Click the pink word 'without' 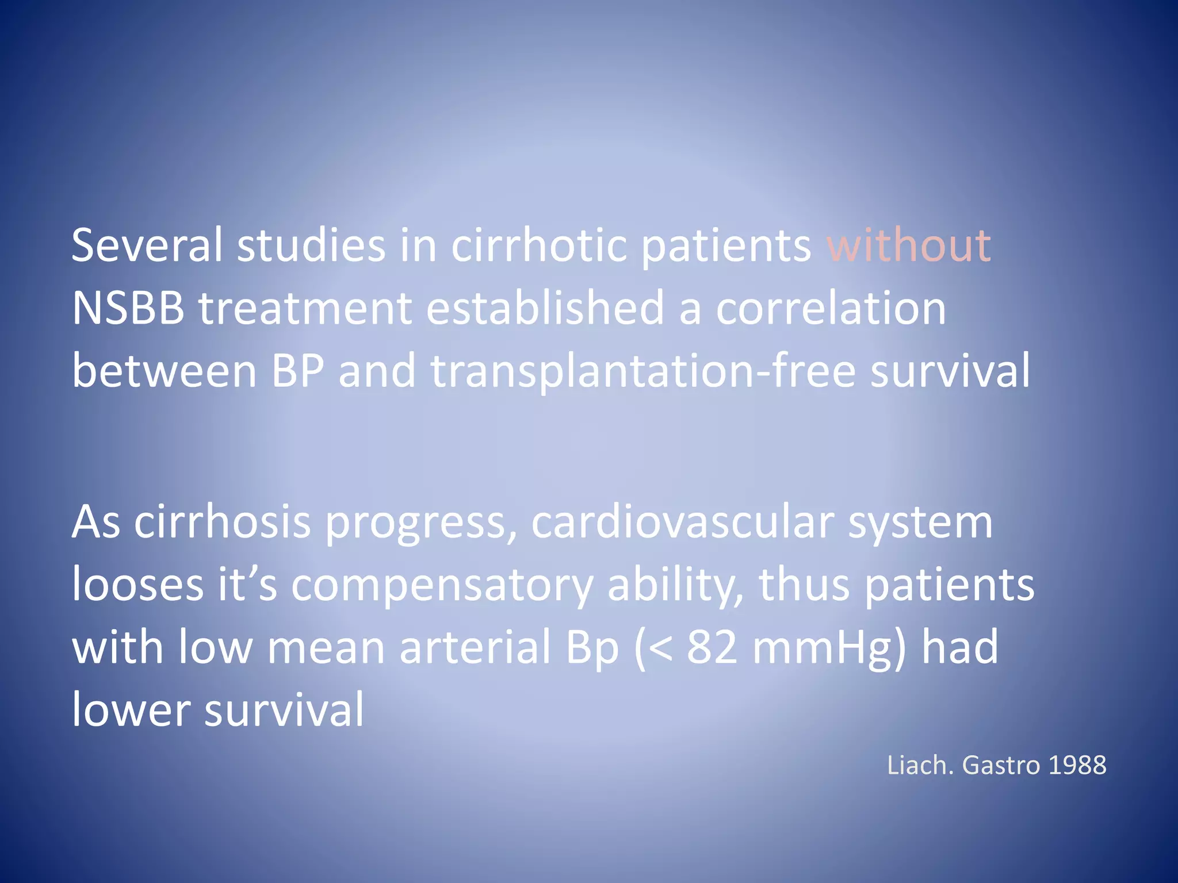(x=909, y=245)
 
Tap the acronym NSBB (x=128, y=308)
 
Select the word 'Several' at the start (x=147, y=245)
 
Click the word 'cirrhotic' (x=539, y=245)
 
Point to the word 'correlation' (x=831, y=308)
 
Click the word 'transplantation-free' (x=643, y=371)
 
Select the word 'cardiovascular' (x=682, y=523)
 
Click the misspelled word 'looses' (x=137, y=585)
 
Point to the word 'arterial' (x=475, y=648)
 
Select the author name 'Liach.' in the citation (x=920, y=765)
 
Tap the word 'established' (x=545, y=308)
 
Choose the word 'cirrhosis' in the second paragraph (x=223, y=523)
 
